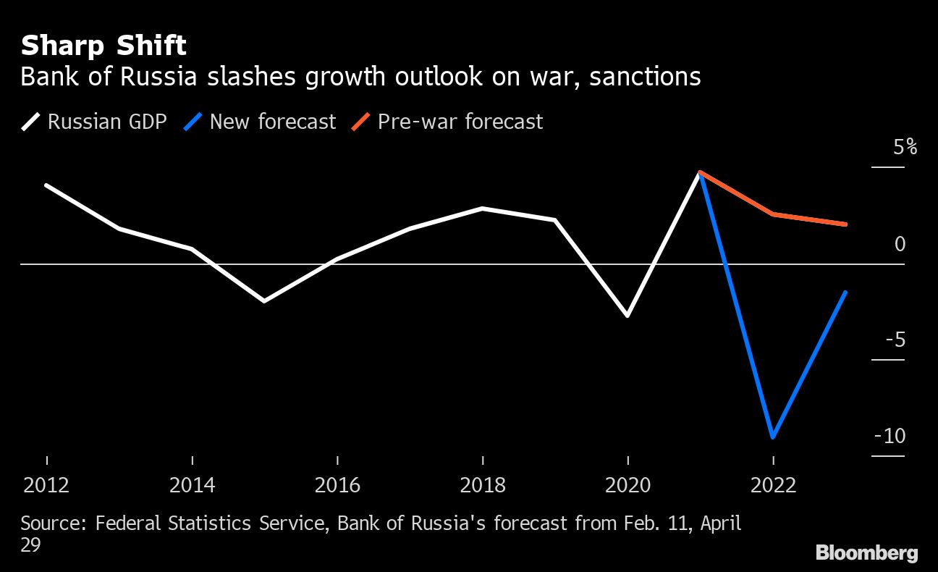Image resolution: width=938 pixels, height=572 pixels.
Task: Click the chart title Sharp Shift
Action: (103, 46)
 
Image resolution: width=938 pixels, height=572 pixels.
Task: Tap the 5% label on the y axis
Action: (905, 148)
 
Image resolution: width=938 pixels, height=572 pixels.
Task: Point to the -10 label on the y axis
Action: (890, 436)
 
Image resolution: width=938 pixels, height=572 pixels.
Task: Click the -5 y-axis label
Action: (895, 340)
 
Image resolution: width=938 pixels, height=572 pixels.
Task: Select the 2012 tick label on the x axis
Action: (47, 484)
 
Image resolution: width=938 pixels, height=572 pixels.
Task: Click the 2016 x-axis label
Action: (337, 484)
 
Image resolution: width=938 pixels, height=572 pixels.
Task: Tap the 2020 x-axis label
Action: (628, 484)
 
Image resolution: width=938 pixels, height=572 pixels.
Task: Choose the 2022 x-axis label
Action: (773, 484)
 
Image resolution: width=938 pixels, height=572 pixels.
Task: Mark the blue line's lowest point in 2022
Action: (773, 437)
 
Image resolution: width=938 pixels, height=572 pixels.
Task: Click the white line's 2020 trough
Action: (628, 316)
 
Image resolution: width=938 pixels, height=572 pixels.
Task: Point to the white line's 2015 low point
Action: (264, 300)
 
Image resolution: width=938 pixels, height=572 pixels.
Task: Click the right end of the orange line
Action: (845, 224)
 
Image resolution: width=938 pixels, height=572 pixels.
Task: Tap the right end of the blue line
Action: (845, 293)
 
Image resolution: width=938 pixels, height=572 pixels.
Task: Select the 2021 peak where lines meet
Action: (700, 173)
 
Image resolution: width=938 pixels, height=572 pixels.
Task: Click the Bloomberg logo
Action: (866, 553)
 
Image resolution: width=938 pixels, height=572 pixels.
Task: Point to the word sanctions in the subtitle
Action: (645, 77)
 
